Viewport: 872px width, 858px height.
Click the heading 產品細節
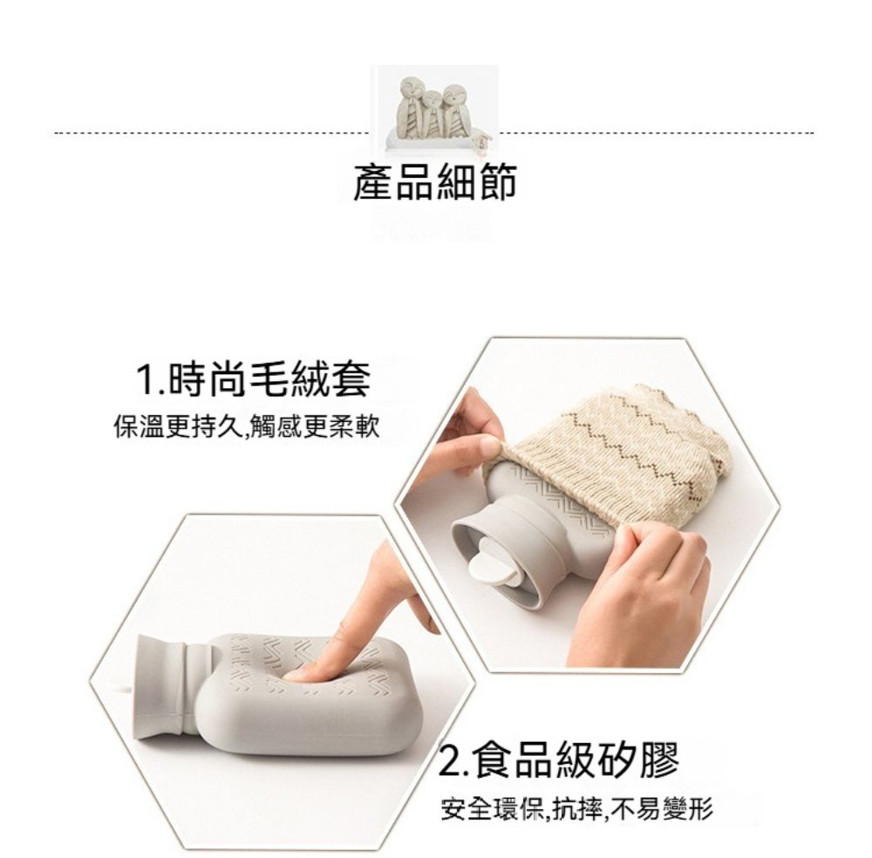tap(435, 182)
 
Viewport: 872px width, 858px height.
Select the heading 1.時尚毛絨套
tap(254, 380)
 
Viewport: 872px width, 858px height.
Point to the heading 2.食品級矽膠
tap(559, 760)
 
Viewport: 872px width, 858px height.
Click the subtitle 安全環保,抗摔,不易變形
tap(576, 808)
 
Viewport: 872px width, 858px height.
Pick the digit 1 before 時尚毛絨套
tap(146, 380)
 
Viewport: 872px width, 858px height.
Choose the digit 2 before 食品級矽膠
tap(449, 761)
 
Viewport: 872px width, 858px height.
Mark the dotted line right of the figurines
tap(657, 133)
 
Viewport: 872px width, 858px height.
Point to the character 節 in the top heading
tap(497, 182)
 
